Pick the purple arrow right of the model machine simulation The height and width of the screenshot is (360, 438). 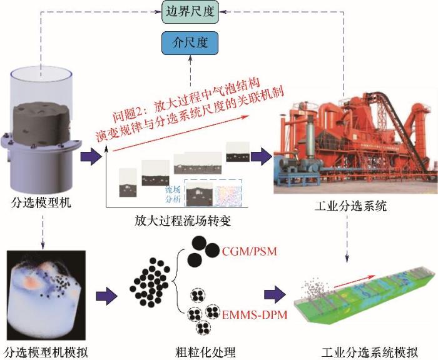coord(103,293)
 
